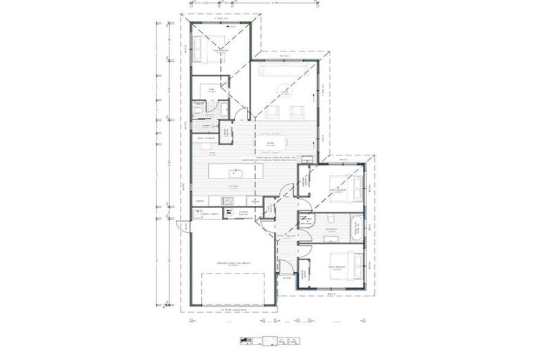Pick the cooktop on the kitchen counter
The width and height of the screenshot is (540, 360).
pos(229,202)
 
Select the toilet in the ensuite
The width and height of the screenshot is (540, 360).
pos(198,111)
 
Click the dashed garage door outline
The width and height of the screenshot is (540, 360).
pos(229,289)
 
